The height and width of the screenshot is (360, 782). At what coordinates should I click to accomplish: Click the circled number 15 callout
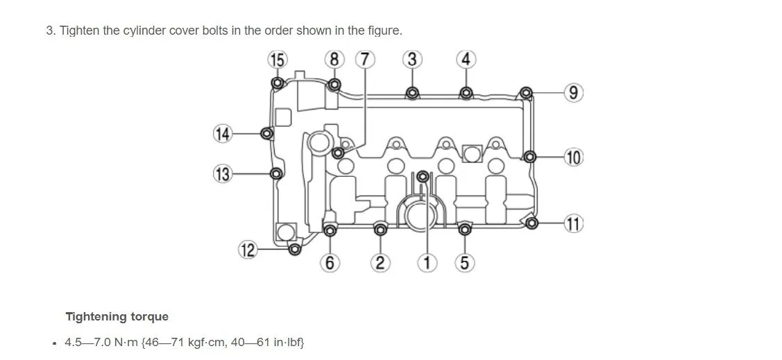point(277,60)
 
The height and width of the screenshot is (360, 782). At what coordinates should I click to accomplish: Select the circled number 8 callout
point(334,60)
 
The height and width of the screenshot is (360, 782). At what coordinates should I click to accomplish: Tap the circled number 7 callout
point(365,60)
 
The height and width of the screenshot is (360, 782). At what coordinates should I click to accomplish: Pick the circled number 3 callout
point(412,60)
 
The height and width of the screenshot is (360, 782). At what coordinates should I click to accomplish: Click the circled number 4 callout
point(466,60)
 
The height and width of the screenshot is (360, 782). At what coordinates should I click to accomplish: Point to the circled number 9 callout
point(573,92)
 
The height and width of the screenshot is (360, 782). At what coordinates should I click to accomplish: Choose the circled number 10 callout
point(573,157)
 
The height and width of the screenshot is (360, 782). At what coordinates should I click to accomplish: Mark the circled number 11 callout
point(573,224)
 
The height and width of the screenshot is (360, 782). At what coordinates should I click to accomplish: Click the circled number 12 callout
point(248,250)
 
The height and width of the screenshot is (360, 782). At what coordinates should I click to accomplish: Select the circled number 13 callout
point(222,173)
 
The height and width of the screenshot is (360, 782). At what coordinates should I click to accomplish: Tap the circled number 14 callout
point(222,133)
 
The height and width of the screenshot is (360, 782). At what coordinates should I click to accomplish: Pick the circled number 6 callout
point(330,262)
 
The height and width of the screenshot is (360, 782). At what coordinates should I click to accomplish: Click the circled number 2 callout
point(380,262)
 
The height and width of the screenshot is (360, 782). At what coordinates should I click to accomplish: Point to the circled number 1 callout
point(427,262)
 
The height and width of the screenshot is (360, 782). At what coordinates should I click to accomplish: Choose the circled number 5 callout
point(465,262)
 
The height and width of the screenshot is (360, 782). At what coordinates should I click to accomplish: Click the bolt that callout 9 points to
point(526,92)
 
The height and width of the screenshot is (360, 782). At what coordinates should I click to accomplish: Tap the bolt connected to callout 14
point(266,133)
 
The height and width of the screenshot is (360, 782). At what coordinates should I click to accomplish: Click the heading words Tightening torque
point(117,317)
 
